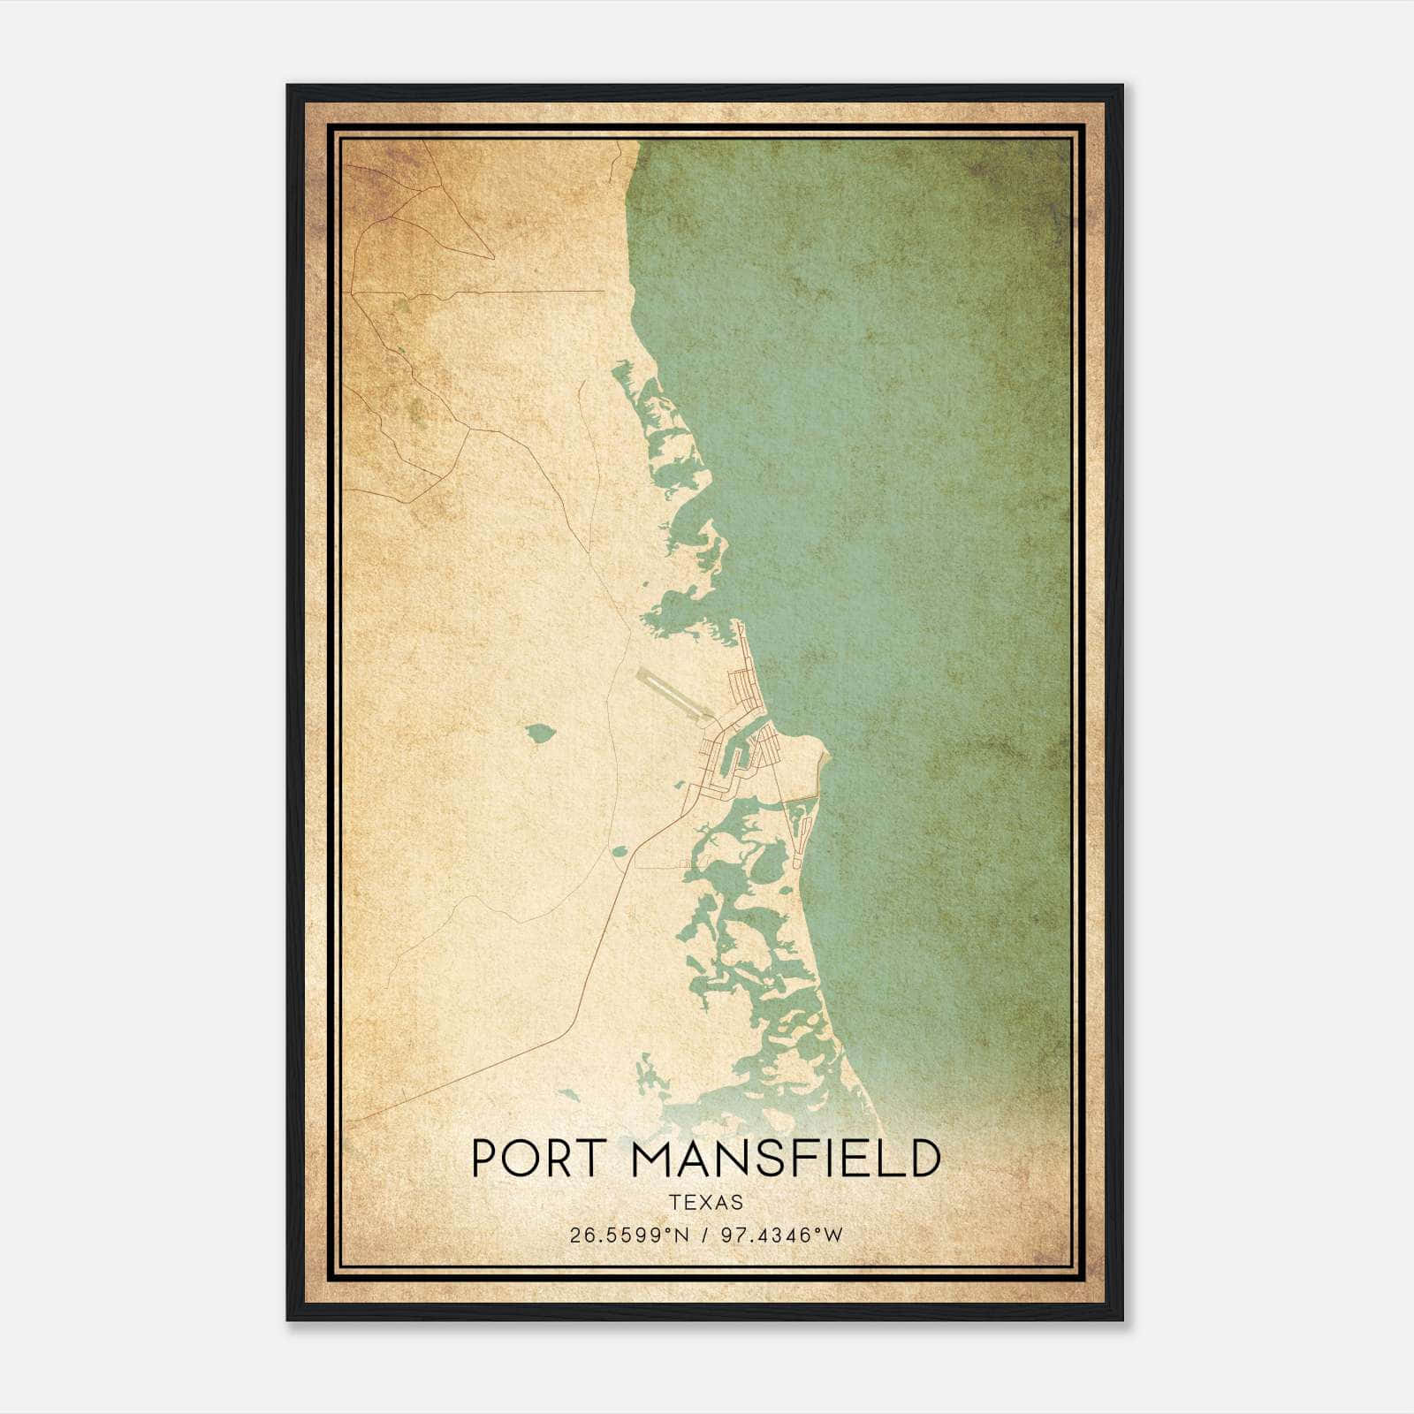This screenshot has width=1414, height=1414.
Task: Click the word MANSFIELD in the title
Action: point(785,1159)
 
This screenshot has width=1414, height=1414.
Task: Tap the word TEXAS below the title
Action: point(706,1202)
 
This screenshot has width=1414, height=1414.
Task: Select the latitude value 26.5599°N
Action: point(628,1235)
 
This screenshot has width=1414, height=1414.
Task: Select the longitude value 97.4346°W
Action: point(782,1235)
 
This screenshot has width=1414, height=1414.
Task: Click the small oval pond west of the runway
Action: point(539,733)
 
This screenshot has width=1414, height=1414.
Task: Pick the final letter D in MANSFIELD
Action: point(921,1159)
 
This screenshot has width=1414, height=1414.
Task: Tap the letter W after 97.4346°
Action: point(834,1235)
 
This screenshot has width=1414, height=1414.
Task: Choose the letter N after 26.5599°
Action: point(680,1235)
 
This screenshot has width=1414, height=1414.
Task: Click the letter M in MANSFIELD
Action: point(653,1159)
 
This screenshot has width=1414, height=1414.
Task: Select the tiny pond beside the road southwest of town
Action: point(619,851)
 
